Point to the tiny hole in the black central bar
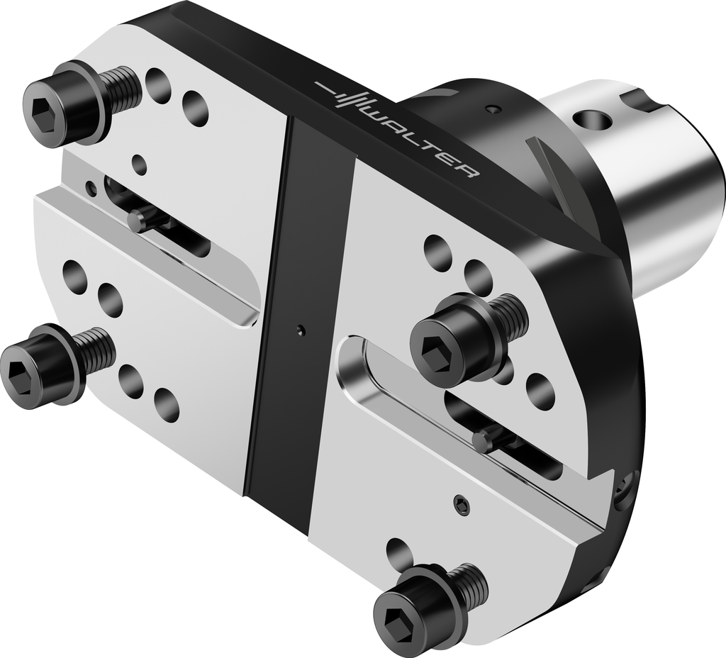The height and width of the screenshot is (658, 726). point(301,330)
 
